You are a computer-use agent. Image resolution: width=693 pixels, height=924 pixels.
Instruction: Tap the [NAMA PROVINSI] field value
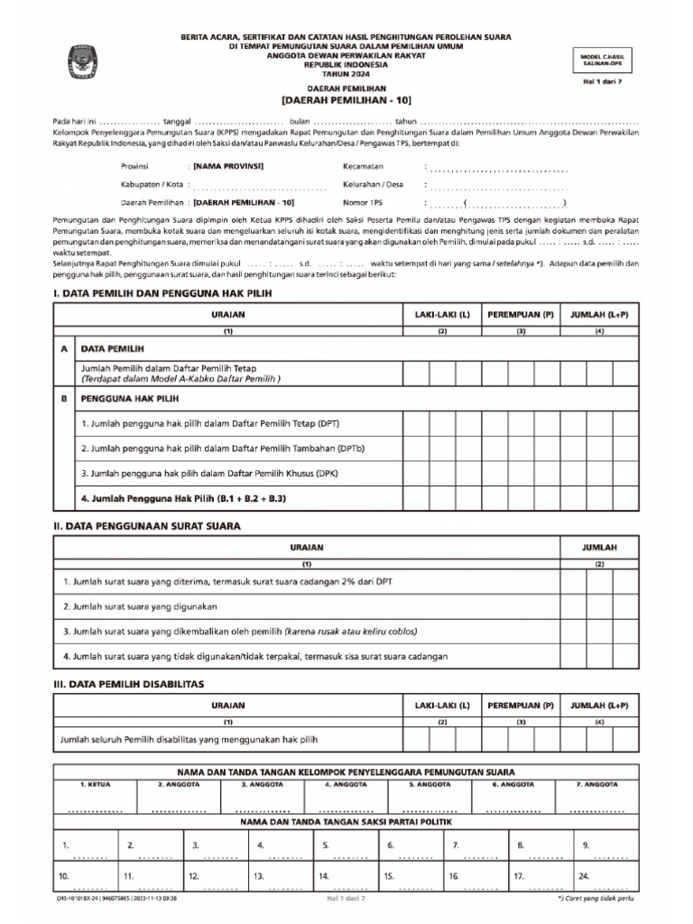[228, 167]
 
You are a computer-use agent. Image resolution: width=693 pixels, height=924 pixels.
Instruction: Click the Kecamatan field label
[364, 167]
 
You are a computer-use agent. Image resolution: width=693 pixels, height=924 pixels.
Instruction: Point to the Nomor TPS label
[363, 203]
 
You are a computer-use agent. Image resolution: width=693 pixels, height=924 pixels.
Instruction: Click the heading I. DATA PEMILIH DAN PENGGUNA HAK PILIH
[162, 293]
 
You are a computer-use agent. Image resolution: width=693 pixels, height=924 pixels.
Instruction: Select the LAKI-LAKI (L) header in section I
[442, 314]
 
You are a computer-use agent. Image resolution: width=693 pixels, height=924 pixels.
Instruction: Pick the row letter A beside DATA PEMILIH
[64, 347]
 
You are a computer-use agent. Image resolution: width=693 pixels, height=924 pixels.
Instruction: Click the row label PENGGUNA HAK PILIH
[130, 397]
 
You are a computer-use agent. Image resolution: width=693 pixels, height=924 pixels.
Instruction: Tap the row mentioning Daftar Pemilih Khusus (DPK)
[210, 473]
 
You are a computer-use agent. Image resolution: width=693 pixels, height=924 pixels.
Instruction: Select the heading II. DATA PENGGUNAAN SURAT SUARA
[147, 525]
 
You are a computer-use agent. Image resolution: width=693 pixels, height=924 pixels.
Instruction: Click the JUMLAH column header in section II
[599, 548]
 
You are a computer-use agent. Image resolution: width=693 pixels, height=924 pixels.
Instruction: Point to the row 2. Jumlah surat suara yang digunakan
[140, 606]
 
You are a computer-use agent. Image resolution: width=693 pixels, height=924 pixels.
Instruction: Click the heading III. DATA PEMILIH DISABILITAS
[129, 684]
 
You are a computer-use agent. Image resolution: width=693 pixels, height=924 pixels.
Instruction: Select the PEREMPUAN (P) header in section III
[521, 706]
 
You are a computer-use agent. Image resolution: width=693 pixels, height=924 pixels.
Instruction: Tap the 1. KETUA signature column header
[95, 785]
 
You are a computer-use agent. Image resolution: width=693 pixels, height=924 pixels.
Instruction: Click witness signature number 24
[585, 876]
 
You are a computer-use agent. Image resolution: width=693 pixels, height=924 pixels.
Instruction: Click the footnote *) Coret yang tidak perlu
[595, 900]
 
